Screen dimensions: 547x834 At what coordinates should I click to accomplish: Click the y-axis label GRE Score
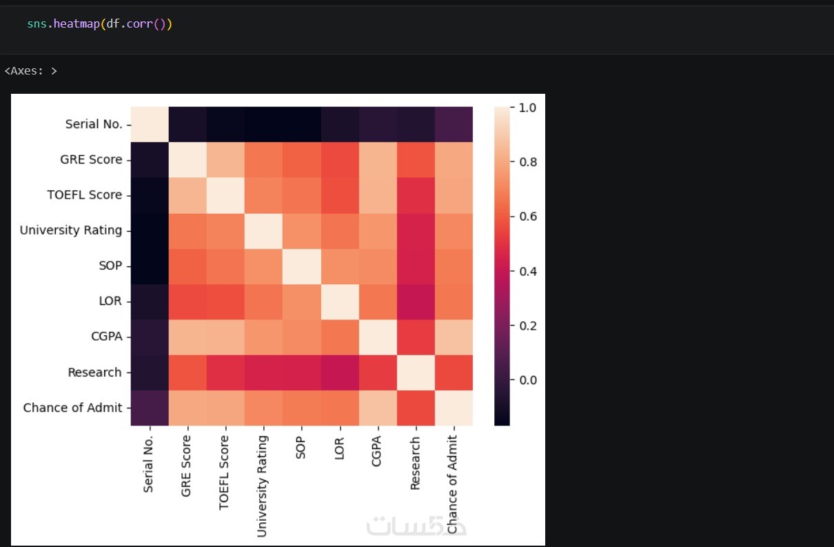tap(91, 160)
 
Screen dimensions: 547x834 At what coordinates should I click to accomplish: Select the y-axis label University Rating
tap(71, 230)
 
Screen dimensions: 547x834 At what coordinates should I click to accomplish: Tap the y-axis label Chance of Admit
tap(72, 408)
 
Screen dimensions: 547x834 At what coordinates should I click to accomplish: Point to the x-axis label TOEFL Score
tap(223, 473)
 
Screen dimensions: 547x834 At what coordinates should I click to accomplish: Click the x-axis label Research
tap(414, 463)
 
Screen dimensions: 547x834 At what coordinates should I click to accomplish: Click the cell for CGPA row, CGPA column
tap(378, 337)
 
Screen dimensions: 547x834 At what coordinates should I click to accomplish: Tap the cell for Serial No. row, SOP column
tap(302, 125)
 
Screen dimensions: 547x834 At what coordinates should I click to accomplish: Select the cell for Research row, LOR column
tap(340, 372)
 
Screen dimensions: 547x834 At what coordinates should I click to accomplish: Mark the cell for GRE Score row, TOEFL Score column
tap(225, 160)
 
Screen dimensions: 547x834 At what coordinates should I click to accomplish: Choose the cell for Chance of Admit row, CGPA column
tap(378, 408)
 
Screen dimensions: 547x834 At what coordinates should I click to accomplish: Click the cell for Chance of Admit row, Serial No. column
tap(150, 408)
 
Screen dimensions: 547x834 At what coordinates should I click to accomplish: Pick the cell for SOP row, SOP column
tap(302, 266)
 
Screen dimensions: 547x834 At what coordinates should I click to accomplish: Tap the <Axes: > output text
tap(30, 71)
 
